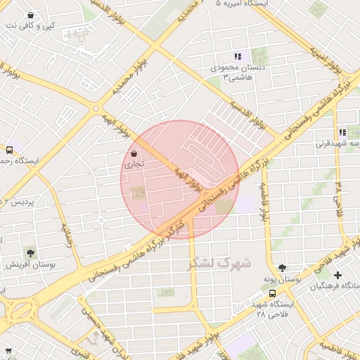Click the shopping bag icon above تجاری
click(x=134, y=154)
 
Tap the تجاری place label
click(x=134, y=165)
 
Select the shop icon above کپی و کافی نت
click(x=30, y=15)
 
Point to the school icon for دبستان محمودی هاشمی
click(x=238, y=56)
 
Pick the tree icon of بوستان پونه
click(x=283, y=268)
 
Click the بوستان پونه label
click(x=282, y=280)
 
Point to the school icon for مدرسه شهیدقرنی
click(x=342, y=132)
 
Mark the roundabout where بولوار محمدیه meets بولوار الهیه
click(x=96, y=108)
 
